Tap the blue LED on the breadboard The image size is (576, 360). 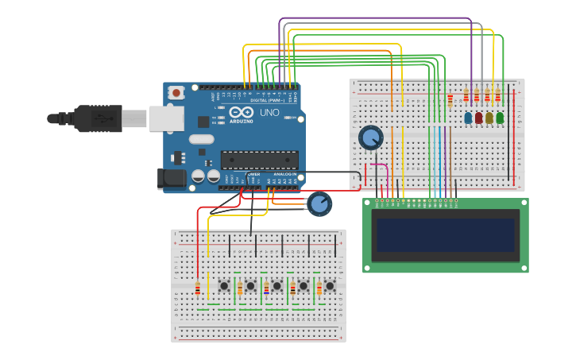(x=468, y=118)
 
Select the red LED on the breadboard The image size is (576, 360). (x=478, y=118)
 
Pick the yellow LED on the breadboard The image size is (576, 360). (x=489, y=118)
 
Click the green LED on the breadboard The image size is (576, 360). (x=500, y=118)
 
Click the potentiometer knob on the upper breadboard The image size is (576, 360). (x=370, y=137)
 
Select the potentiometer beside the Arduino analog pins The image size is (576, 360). (x=319, y=204)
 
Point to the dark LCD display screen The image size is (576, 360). (x=445, y=234)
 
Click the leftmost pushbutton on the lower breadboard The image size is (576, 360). (x=225, y=285)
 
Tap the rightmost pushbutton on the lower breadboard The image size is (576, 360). (x=330, y=285)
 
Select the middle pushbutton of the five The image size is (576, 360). (x=277, y=285)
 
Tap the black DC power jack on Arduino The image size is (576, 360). (x=171, y=179)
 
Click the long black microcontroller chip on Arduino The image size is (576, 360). (x=260, y=160)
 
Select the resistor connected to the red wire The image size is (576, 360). (x=198, y=288)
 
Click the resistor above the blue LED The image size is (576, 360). (x=466, y=98)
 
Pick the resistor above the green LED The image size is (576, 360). (x=498, y=98)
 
